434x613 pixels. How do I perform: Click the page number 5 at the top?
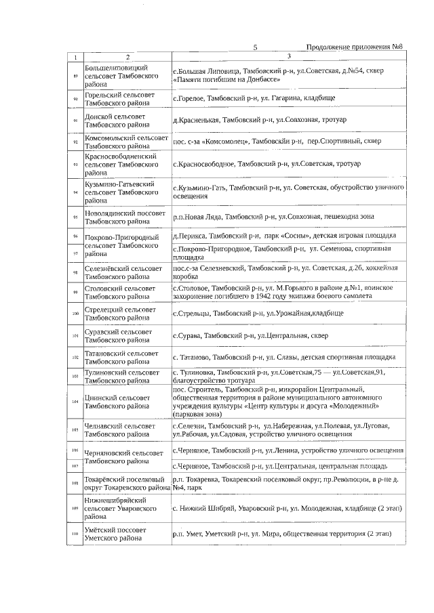click(255, 47)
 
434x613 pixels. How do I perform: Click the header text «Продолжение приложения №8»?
click(355, 47)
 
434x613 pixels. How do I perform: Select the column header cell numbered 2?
click(127, 56)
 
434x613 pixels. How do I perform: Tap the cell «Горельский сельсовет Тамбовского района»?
click(127, 100)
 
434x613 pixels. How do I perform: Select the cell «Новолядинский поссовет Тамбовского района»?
click(127, 217)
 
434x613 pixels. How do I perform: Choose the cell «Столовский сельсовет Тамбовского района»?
click(127, 293)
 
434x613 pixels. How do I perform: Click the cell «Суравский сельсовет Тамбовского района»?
click(127, 335)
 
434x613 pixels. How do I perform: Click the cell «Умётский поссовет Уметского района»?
click(127, 534)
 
